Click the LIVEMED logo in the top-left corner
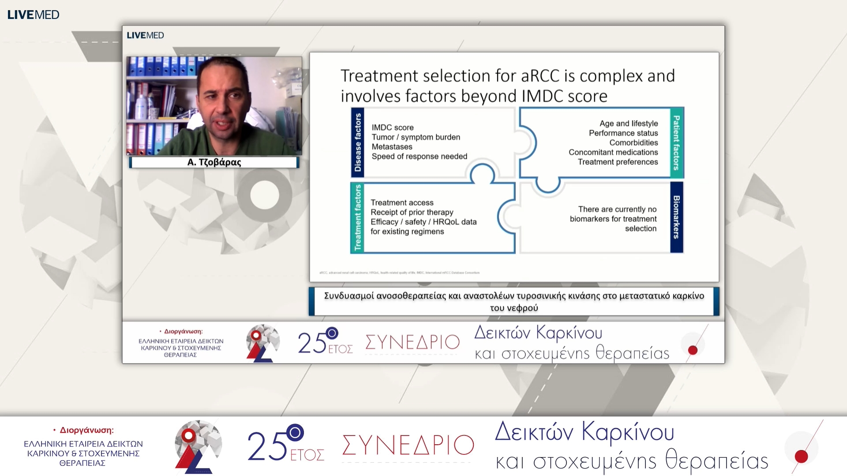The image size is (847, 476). (x=33, y=15)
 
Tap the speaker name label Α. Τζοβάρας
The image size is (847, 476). (x=214, y=162)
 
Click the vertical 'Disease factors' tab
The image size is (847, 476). (x=358, y=142)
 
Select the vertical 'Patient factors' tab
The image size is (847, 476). (x=676, y=142)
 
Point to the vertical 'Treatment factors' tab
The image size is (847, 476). (x=358, y=218)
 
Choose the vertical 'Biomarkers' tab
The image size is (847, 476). (x=676, y=217)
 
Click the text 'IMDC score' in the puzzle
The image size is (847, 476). (x=393, y=127)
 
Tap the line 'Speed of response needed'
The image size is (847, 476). (x=419, y=156)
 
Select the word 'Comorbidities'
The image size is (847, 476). (x=633, y=143)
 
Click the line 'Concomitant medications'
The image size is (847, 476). (x=613, y=152)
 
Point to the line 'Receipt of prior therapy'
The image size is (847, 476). (x=412, y=212)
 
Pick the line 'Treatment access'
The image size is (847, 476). (x=402, y=203)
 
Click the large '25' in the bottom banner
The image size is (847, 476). (x=267, y=446)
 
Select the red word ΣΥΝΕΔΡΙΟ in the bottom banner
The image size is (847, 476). (x=408, y=445)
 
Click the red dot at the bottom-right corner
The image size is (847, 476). (x=801, y=456)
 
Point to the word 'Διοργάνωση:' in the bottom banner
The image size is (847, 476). (x=86, y=430)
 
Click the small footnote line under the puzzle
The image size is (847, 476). (x=399, y=273)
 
